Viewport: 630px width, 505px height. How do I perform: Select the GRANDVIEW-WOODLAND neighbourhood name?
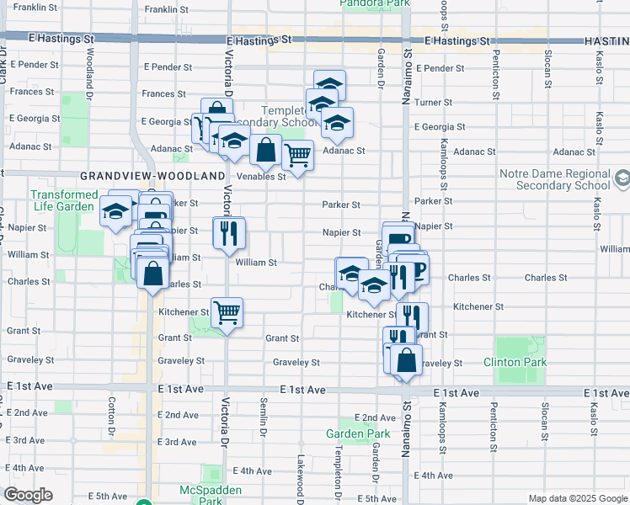pyautogui.click(x=152, y=176)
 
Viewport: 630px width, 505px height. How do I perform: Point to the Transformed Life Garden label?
pyautogui.click(x=64, y=200)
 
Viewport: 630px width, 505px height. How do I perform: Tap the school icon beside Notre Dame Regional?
pyautogui.click(x=622, y=178)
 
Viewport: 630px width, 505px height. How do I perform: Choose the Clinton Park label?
pyautogui.click(x=515, y=363)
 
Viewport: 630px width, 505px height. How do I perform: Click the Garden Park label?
pyautogui.click(x=358, y=434)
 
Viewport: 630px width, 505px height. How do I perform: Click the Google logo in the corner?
pyautogui.click(x=28, y=495)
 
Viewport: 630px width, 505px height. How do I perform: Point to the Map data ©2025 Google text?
pyautogui.click(x=578, y=498)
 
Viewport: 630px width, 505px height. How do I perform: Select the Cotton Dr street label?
pyautogui.click(x=111, y=418)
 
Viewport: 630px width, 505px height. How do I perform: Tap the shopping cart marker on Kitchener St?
pyautogui.click(x=227, y=313)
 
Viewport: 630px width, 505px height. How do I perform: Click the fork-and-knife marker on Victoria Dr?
pyautogui.click(x=227, y=233)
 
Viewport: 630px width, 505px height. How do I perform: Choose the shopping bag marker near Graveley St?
pyautogui.click(x=406, y=360)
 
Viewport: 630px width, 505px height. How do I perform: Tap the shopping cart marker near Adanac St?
pyautogui.click(x=297, y=155)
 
